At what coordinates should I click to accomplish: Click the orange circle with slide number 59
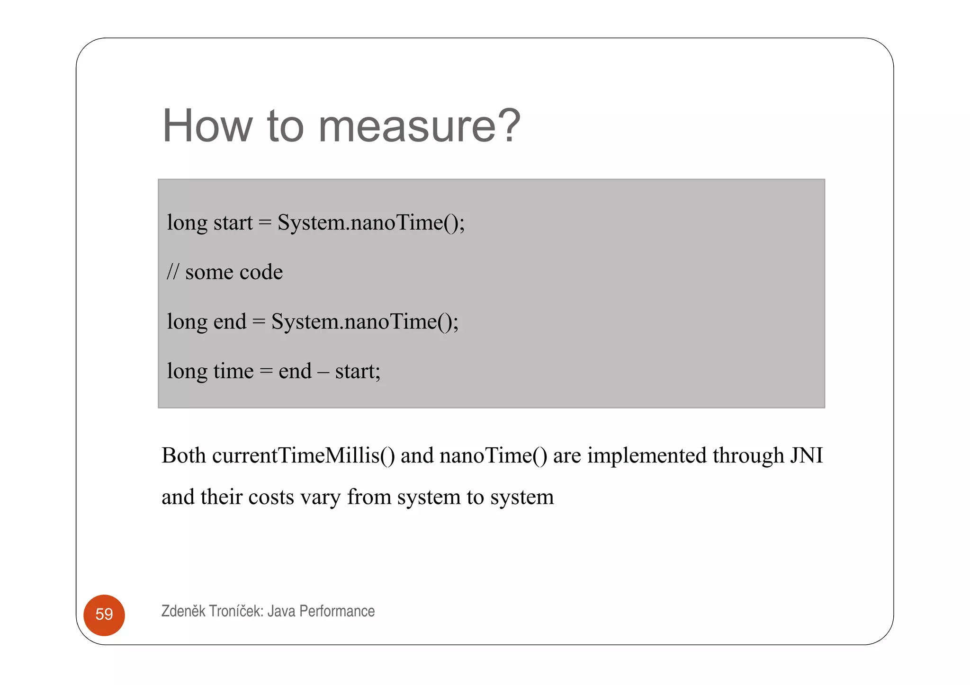pyautogui.click(x=104, y=614)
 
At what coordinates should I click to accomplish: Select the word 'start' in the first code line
pyautogui.click(x=233, y=222)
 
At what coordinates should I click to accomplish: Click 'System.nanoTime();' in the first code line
pyautogui.click(x=371, y=222)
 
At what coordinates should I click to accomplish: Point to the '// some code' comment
pyautogui.click(x=225, y=272)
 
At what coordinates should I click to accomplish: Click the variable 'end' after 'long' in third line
pyautogui.click(x=230, y=321)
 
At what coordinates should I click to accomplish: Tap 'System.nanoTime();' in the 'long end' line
pyautogui.click(x=365, y=321)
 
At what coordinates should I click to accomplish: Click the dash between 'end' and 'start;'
pyautogui.click(x=323, y=372)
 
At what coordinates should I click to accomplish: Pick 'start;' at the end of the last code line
pyautogui.click(x=358, y=371)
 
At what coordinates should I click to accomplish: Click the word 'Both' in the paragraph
pyautogui.click(x=184, y=455)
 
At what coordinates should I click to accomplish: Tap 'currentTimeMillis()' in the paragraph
pyautogui.click(x=303, y=455)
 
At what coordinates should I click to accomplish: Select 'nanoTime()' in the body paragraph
pyautogui.click(x=493, y=455)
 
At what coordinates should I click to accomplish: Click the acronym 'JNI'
pyautogui.click(x=806, y=455)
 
